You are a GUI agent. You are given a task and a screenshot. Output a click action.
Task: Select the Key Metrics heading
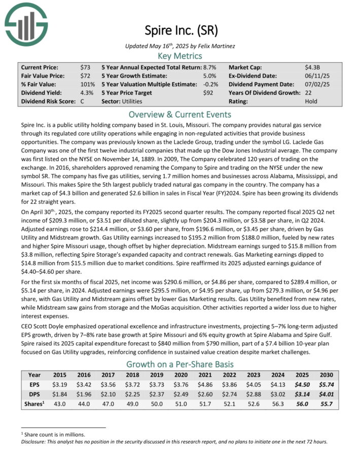pos(179,56)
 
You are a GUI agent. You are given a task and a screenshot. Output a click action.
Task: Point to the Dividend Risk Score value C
pos(82,101)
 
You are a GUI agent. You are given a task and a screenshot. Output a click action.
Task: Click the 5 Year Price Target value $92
pos(209,93)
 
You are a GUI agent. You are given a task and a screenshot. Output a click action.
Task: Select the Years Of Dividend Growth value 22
pos(308,93)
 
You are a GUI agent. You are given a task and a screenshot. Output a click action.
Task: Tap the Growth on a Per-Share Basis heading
pos(179,364)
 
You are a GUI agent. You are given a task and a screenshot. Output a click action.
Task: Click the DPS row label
pos(33,394)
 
